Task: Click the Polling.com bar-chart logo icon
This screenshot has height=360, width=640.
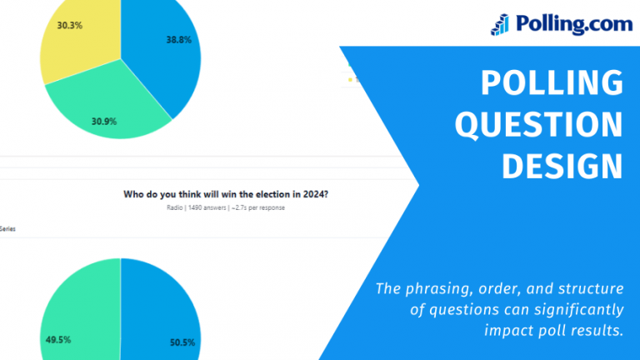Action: pos(501,23)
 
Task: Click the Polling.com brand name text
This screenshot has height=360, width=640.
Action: pos(573,23)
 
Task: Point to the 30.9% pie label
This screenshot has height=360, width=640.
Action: pos(104,122)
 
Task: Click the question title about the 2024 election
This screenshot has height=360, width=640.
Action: pos(226,194)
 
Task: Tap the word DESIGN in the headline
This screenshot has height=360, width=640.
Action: pos(562,167)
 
